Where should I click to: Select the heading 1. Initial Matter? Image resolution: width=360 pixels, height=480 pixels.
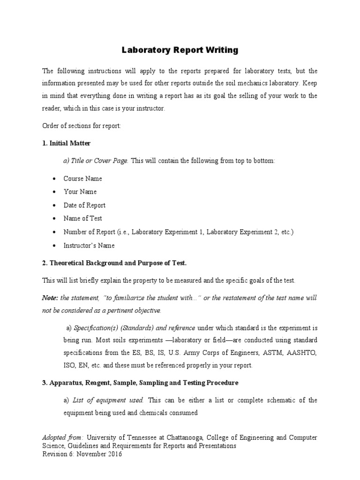pyautogui.click(x=67, y=143)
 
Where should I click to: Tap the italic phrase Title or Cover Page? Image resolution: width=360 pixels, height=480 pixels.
pyautogui.click(x=96, y=161)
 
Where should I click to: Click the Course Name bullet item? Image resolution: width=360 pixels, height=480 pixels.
pyautogui.click(x=82, y=179)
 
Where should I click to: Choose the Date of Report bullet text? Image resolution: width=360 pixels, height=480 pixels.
pyautogui.click(x=84, y=205)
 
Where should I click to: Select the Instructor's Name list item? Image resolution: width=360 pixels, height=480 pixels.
pyautogui.click(x=89, y=245)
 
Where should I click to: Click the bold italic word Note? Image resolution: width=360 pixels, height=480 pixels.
pyautogui.click(x=50, y=298)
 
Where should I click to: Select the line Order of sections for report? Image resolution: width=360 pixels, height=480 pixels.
pyautogui.click(x=82, y=126)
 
